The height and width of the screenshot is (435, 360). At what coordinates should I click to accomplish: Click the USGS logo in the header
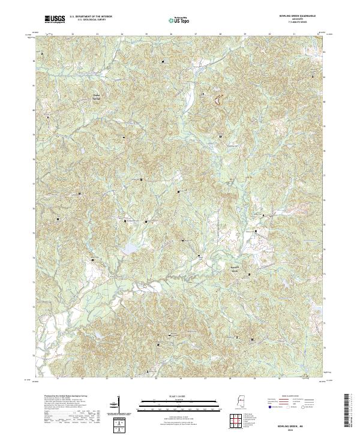click(x=55, y=19)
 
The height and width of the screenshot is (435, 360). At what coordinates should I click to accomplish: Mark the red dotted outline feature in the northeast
click(x=214, y=100)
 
